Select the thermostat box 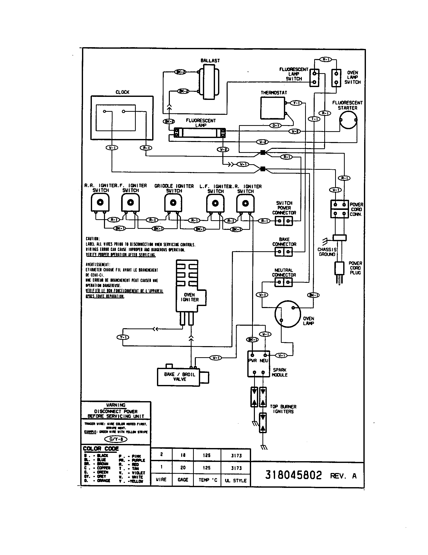coord(273,108)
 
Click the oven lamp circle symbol coord(287,314)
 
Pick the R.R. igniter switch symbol coord(100,202)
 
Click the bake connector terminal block coord(284,252)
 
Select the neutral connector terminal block coord(283,282)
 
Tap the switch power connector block coord(284,221)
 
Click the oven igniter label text coord(190,297)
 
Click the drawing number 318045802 coord(293,475)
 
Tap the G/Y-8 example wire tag coord(116,439)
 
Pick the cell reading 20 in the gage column coord(183,467)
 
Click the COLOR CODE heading coord(101,449)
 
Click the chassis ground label coord(327,252)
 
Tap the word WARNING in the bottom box coord(116,405)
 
